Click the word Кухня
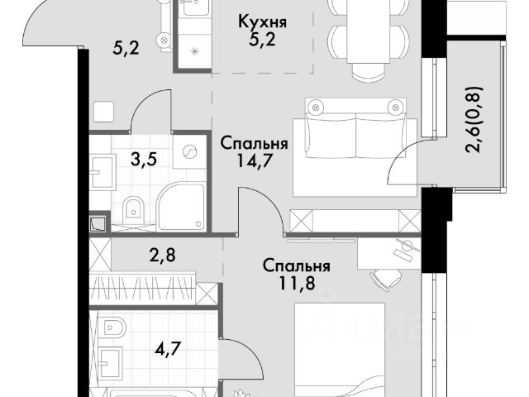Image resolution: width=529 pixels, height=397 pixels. click(x=263, y=22)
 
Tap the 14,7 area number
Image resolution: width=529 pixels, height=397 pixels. click(x=254, y=161)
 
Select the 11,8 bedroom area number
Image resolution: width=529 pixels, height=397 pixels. click(x=297, y=283)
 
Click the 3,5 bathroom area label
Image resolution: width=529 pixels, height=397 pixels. click(x=144, y=160)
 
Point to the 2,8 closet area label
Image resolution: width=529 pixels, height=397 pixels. click(x=162, y=256)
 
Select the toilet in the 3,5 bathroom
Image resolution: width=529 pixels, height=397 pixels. click(x=133, y=211)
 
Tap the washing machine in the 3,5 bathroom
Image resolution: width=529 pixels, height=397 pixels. click(x=189, y=151)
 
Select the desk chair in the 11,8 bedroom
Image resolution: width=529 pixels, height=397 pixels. click(x=386, y=278)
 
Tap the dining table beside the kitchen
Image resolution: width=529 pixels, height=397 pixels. click(x=369, y=31)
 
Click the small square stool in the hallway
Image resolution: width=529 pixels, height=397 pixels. click(x=104, y=112)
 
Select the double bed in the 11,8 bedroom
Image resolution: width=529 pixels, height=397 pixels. click(x=340, y=350)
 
